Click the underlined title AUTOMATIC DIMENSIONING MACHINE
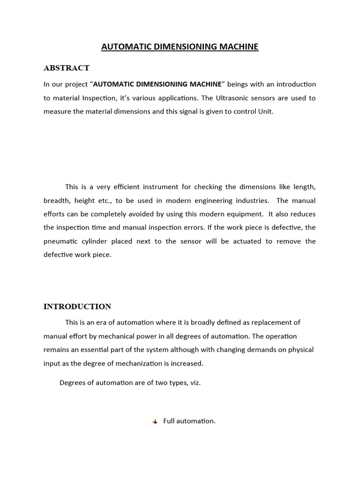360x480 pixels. (180, 47)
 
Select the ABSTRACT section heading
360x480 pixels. (67, 68)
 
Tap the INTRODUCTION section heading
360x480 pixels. (77, 307)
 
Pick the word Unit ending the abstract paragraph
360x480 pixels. (264, 112)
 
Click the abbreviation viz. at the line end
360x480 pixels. (195, 382)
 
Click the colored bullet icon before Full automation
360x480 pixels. (155, 421)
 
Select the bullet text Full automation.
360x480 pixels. (189, 421)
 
